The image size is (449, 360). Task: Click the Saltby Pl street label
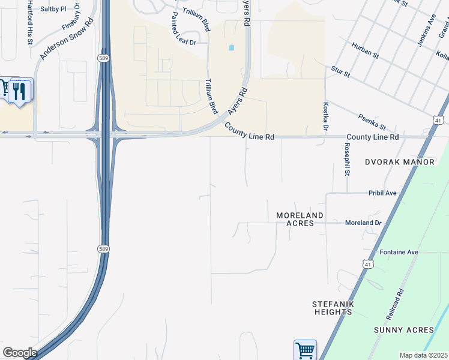coord(53,9)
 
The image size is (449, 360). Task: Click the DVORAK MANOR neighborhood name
coord(399,162)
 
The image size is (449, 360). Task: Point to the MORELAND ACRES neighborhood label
coord(300,219)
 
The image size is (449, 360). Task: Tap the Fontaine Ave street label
coord(399,252)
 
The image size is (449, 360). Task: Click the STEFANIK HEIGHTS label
coord(332,308)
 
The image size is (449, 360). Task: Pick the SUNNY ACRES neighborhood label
coord(403,330)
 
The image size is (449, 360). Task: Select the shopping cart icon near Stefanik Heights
coord(304,350)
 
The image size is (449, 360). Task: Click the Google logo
coord(20,352)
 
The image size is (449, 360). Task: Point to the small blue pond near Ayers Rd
coord(231,48)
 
